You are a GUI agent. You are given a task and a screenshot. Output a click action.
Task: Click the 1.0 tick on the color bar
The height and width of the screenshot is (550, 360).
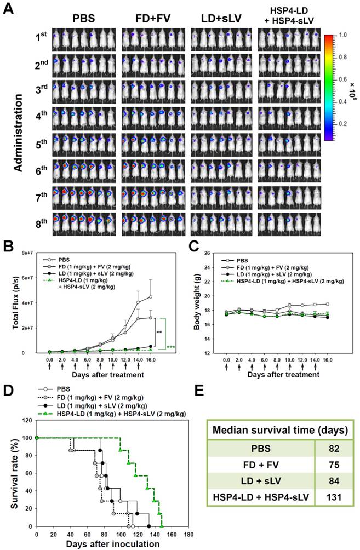(342, 35)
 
